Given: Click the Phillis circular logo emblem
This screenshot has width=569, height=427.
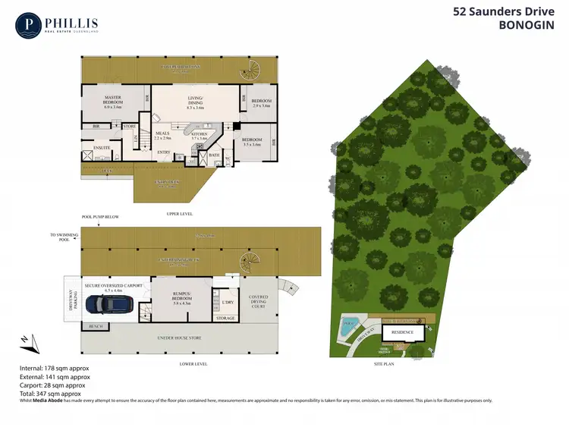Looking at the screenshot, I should (x=28, y=24).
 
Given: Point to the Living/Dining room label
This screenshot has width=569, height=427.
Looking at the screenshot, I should (x=198, y=103).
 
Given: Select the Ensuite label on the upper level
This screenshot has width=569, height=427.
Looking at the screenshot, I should (x=102, y=148).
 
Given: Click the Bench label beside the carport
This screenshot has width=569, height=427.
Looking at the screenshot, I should (x=96, y=326).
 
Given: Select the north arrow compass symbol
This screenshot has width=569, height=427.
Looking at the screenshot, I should (x=27, y=342).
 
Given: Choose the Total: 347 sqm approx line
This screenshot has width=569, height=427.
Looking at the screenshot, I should (x=49, y=393).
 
